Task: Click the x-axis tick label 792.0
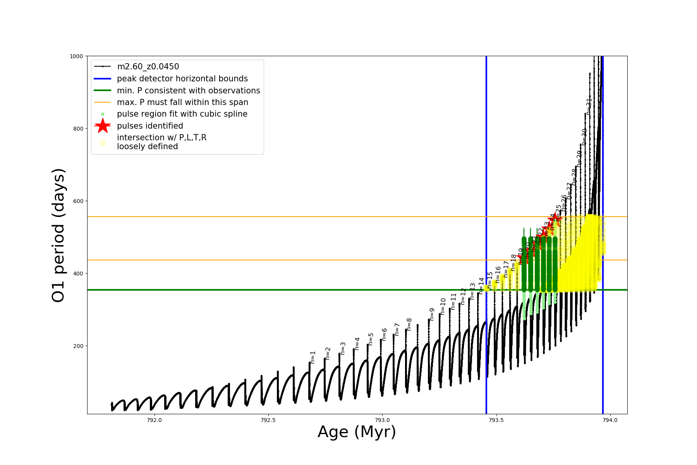[155, 420]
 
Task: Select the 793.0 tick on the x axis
[383, 420]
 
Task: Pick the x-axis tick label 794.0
[611, 420]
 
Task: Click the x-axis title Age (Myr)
[357, 432]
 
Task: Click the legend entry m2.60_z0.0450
[148, 67]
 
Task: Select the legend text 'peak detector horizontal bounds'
[182, 79]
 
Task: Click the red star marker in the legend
[103, 126]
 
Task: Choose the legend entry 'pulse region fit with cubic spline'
[182, 114]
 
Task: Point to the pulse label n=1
[313, 357]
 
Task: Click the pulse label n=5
[371, 339]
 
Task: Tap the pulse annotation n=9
[432, 314]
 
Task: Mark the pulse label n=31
[589, 106]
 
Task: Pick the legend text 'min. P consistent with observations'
[188, 91]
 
